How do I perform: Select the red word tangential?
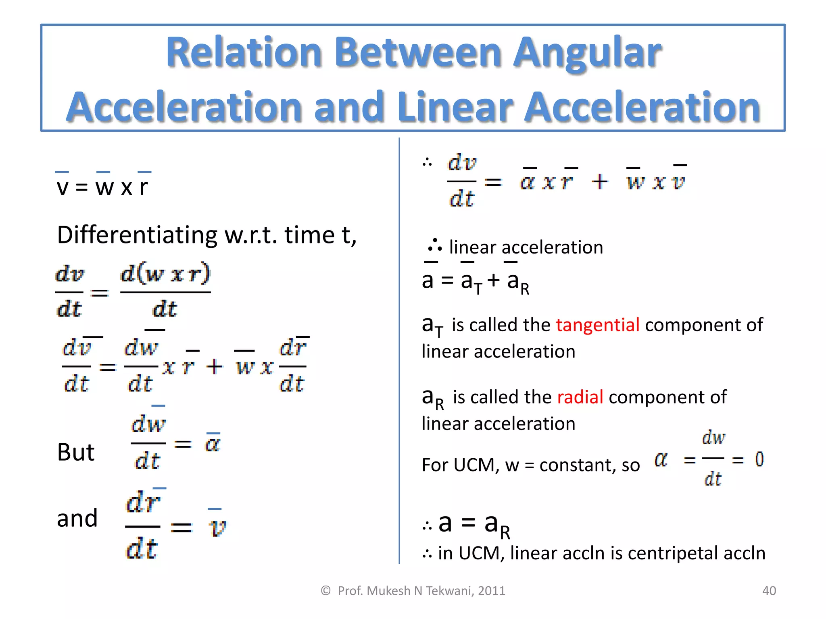597,325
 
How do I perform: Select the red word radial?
580,397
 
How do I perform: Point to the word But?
75,452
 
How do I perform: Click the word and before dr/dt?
77,518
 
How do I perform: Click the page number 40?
769,591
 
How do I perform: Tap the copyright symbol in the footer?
325,591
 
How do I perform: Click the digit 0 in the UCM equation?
759,459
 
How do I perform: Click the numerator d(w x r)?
165,274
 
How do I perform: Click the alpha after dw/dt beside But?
213,444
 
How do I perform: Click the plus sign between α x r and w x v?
600,181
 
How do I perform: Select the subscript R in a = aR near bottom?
505,532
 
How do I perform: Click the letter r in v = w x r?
144,187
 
